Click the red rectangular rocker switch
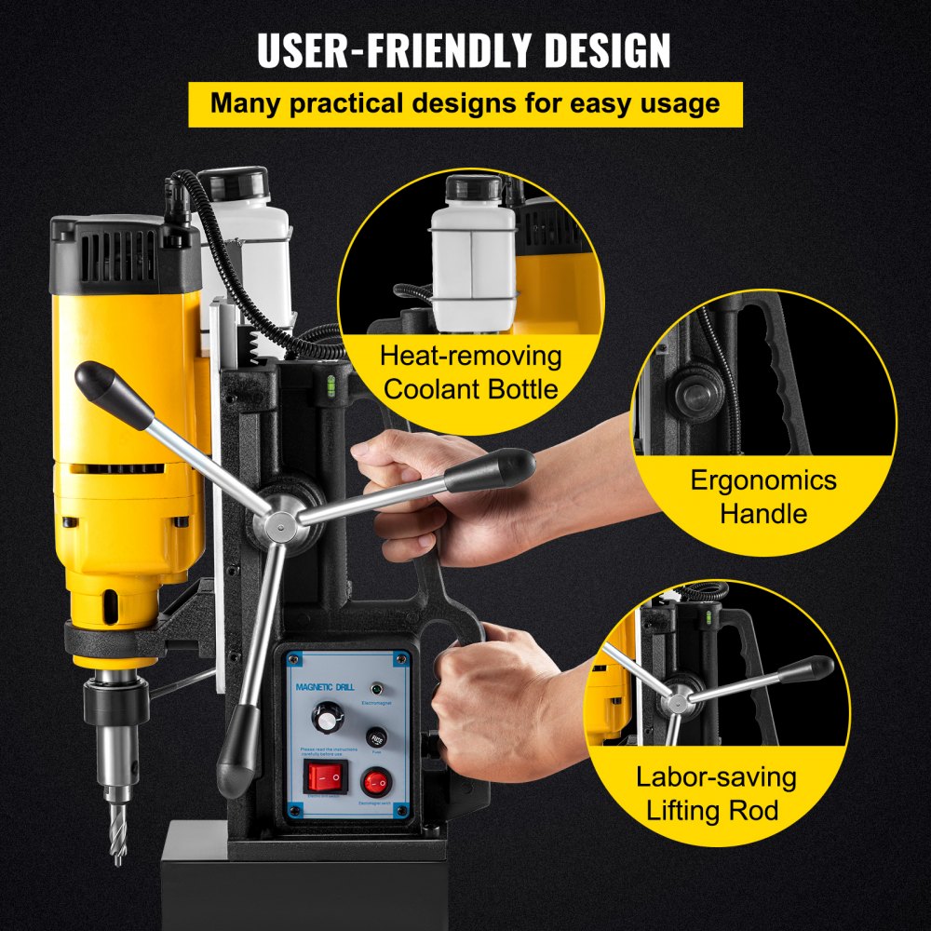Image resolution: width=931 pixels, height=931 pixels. coord(325,776)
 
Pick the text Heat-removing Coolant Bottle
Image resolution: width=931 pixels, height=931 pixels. coord(470,371)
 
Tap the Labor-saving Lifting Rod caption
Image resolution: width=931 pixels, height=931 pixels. coord(716,793)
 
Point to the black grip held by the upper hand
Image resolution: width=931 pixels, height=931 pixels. coord(489,469)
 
